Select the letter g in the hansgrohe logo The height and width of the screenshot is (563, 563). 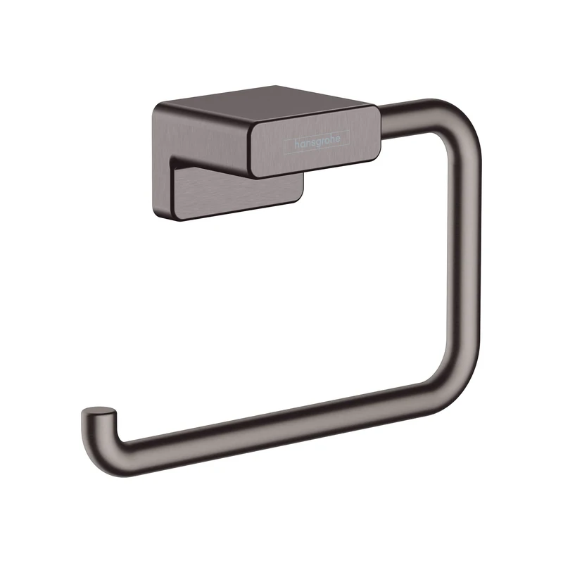[322, 142]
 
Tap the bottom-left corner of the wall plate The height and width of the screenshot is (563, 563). [156, 210]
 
